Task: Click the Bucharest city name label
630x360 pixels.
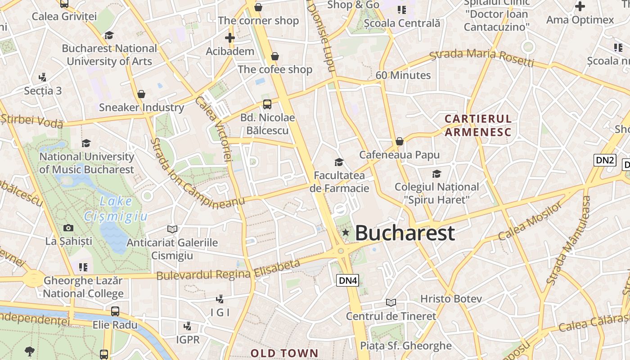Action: coord(405,233)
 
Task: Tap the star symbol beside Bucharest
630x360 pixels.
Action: coord(346,233)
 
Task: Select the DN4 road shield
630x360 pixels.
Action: coord(348,281)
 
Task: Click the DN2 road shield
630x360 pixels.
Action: coord(604,160)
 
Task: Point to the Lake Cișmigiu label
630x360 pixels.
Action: coord(116,209)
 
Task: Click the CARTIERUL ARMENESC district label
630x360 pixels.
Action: coord(478,126)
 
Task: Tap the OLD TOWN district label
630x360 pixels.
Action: coord(284,353)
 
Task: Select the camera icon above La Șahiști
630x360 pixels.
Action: coord(68,228)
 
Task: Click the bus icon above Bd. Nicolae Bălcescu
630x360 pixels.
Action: coord(267,104)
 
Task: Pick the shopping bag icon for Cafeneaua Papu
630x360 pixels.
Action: coord(399,142)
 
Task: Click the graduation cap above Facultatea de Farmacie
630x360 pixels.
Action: coord(339,162)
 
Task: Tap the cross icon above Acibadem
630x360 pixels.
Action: coord(230,38)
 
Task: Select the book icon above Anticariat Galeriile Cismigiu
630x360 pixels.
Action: coord(172,229)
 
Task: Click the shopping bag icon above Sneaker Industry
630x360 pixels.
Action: coord(141,94)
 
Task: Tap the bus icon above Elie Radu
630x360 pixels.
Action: coord(115,311)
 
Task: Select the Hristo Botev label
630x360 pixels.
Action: coord(451,299)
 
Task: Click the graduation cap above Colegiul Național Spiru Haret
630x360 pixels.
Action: coord(436,174)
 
